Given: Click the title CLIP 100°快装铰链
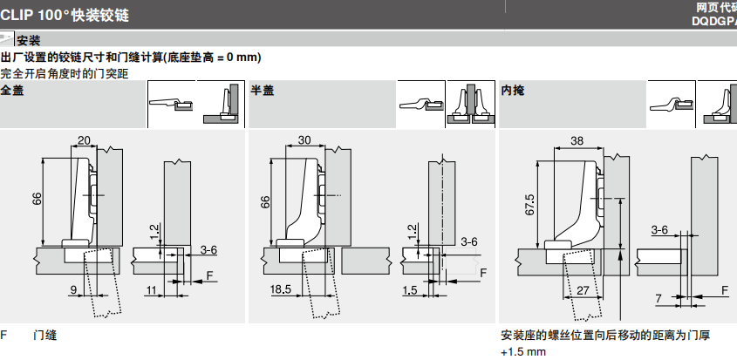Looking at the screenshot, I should point(72,13).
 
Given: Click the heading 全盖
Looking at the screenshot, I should point(12,90).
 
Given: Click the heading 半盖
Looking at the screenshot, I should point(262,90).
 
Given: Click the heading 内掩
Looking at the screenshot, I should point(512,90).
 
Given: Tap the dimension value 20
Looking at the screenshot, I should point(84,140).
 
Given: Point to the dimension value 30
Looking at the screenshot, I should point(304,140).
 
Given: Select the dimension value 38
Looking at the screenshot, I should point(577,140).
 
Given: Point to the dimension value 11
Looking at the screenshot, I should point(151,289).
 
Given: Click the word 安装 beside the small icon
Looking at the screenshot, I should point(29,40).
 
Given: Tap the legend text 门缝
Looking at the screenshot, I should point(44,335).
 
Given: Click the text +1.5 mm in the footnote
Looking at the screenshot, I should point(523,352).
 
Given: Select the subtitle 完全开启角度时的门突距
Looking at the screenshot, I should point(65,73).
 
